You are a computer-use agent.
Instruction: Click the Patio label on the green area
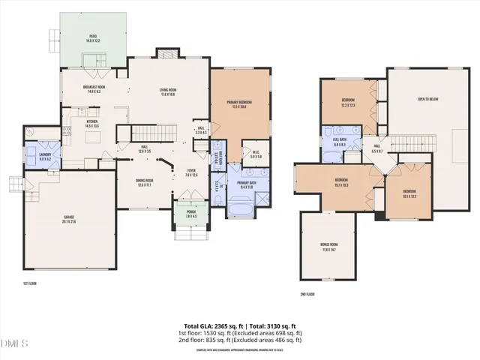[x=93, y=37]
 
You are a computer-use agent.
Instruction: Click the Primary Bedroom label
[x=239, y=104]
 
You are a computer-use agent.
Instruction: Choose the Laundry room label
[x=34, y=157]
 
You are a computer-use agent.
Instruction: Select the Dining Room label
[x=145, y=182]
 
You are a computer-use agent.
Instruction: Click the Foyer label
[x=192, y=172]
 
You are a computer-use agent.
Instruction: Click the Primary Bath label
[x=247, y=184]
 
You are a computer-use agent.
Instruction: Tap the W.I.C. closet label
[x=256, y=154]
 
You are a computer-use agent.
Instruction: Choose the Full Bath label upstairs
[x=338, y=140]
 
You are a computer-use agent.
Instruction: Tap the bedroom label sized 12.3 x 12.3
[x=349, y=102]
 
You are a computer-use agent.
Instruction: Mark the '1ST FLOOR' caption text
[x=30, y=283]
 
